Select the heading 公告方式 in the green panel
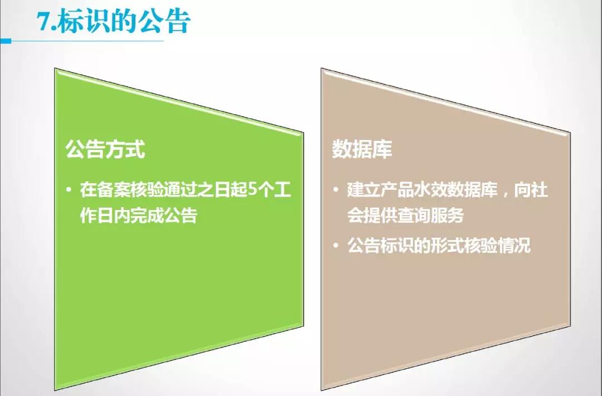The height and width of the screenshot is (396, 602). tap(105, 150)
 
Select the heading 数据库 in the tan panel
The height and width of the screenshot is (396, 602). tap(362, 149)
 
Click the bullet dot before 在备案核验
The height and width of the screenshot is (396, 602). tap(69, 190)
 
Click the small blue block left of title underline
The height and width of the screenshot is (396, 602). tap(6, 41)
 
